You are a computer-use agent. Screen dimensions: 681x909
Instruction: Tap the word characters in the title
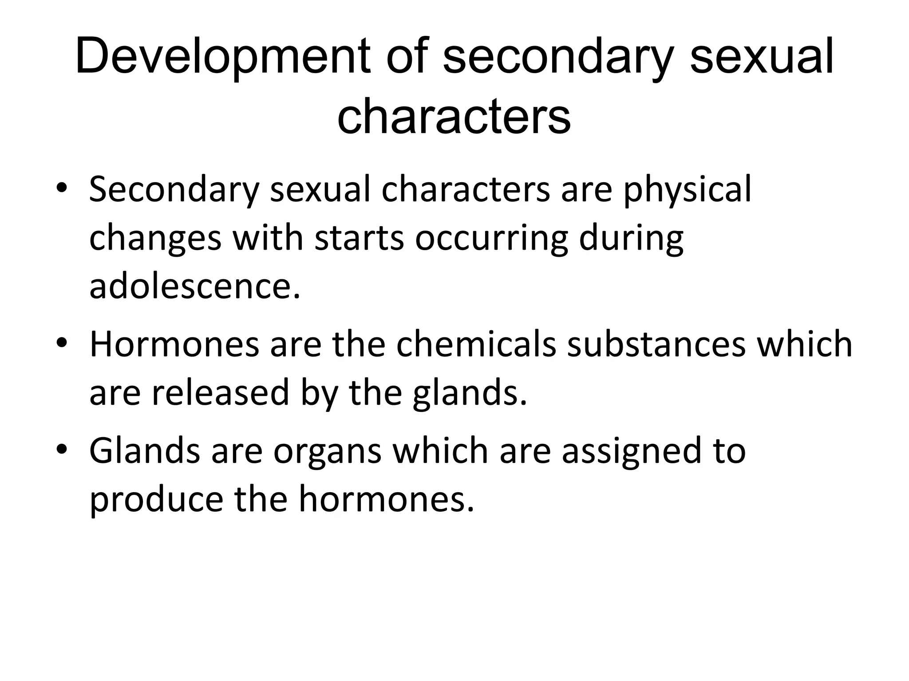click(x=454, y=116)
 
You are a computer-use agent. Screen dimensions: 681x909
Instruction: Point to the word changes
click(x=155, y=239)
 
